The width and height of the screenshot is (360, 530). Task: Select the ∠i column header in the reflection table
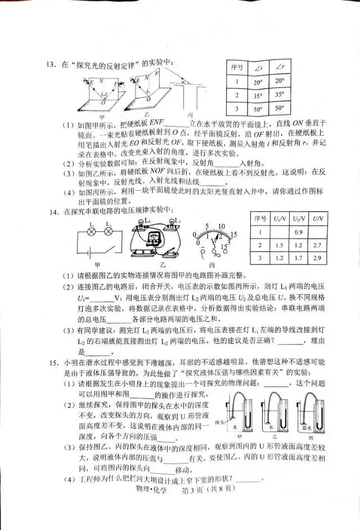pyautogui.click(x=259, y=68)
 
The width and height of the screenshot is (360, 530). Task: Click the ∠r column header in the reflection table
pyautogui.click(x=280, y=68)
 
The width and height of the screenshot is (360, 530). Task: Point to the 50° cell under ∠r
pyautogui.click(x=280, y=108)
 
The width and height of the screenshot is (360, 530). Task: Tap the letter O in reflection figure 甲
pyautogui.click(x=102, y=104)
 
